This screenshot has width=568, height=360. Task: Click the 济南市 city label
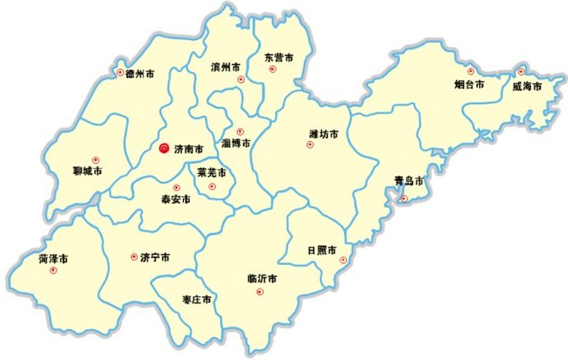coord(189,149)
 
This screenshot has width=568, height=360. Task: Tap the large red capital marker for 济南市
coord(164,148)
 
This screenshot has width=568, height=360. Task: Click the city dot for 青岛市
coord(403,198)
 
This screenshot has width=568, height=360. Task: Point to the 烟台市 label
coord(470,84)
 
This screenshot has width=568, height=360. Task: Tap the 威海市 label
coord(527,86)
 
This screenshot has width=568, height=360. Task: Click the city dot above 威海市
coord(520,71)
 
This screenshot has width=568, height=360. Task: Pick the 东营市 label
coord(279,57)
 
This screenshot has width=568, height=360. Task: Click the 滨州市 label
coord(225,66)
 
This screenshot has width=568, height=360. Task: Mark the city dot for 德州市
coord(120,73)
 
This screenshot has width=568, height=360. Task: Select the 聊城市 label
coord(88,171)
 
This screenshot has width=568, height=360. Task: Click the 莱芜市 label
coord(211,173)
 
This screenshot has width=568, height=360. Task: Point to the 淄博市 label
coord(236,143)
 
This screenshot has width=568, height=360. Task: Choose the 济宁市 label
coord(155,257)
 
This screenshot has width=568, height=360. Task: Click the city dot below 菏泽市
coord(54,271)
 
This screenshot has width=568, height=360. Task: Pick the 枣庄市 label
coord(197,300)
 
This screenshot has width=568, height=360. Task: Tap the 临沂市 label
coord(261,280)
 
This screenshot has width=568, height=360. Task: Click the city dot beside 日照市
coord(344,261)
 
